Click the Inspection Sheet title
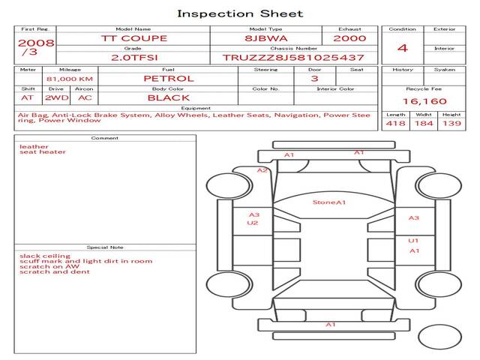240,13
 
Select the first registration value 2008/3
36,46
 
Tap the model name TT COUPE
134,38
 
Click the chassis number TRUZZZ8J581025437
293,58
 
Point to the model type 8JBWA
266,38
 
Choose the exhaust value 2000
349,38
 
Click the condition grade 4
403,48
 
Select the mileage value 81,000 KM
70,79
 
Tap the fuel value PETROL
169,79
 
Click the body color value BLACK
169,98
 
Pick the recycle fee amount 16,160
424,101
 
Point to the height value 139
451,123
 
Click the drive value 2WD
57,98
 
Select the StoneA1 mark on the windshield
329,202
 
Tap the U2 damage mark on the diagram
253,223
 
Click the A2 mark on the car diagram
262,170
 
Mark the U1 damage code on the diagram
413,241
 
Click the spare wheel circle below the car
439,337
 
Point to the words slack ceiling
45,256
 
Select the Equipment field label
196,108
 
